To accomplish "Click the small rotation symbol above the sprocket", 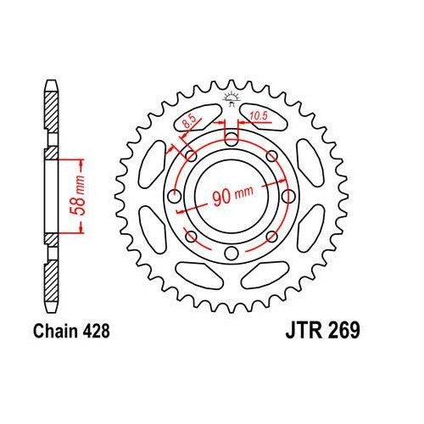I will point(228,99).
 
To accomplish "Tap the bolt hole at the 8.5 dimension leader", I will point(190,157).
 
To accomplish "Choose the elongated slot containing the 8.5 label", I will point(191,121).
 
